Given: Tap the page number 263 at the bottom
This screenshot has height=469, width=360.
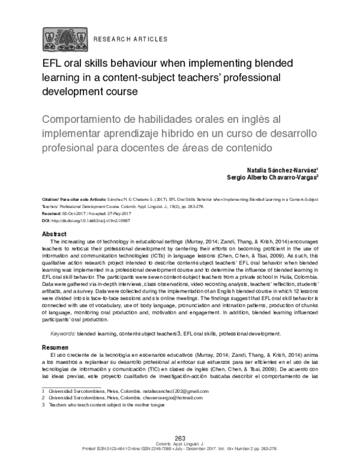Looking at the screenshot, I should (x=179, y=438).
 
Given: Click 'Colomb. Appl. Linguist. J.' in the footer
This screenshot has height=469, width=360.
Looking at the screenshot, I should (x=179, y=444).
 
